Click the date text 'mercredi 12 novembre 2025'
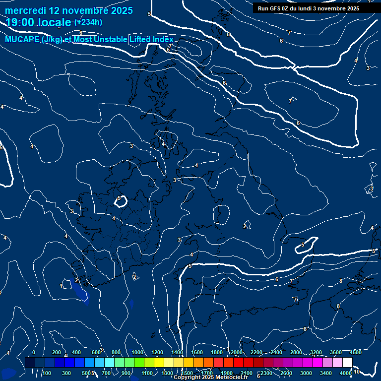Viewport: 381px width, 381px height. click(x=68, y=10)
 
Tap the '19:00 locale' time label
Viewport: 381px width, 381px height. click(x=38, y=22)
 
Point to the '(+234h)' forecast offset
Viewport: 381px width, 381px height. click(x=88, y=22)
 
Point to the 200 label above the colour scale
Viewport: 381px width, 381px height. click(x=57, y=352)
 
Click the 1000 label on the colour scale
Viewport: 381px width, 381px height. click(x=137, y=352)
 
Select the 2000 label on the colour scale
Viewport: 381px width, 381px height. click(x=237, y=352)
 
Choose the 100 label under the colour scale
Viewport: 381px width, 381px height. click(x=47, y=373)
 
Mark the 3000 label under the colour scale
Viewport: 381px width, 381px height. click(x=306, y=373)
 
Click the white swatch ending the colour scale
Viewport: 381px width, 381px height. click(x=347, y=362)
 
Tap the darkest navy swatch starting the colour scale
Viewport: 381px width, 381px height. click(x=30, y=362)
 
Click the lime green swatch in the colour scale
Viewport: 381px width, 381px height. click(x=139, y=362)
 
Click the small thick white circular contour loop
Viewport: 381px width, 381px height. click(x=121, y=201)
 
